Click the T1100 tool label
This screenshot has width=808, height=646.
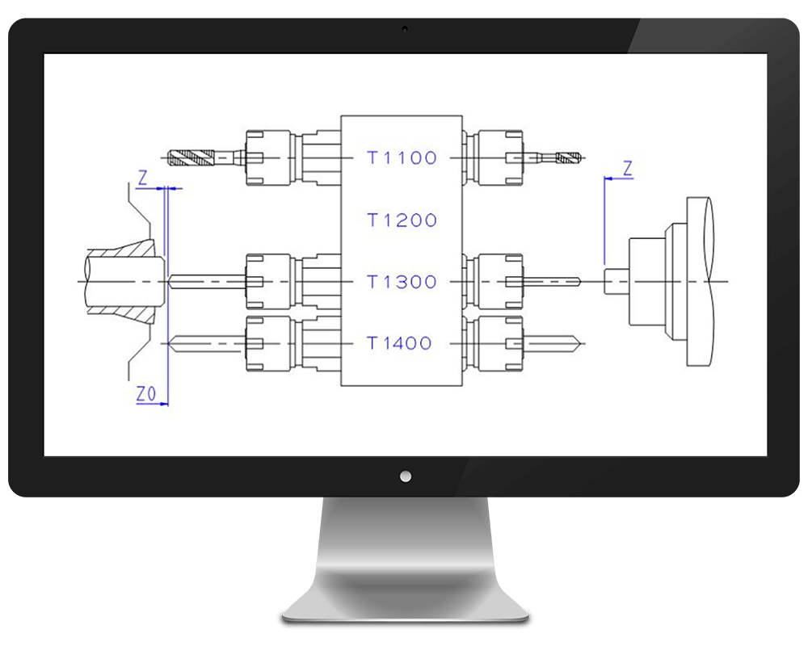(402, 157)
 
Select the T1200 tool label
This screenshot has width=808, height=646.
(402, 220)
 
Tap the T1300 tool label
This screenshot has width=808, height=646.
(402, 282)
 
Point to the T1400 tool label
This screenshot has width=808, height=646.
(399, 343)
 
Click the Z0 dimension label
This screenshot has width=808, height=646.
(145, 394)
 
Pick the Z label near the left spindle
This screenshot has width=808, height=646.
(143, 178)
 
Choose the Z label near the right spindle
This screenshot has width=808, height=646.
(628, 169)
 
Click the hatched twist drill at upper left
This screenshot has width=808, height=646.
(191, 157)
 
